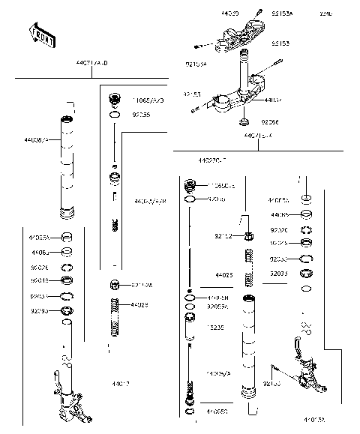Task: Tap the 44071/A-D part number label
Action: (x=91, y=64)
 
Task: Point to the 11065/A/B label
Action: (x=148, y=100)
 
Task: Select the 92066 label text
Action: (x=270, y=121)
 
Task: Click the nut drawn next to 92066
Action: (x=244, y=122)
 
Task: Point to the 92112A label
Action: (x=142, y=285)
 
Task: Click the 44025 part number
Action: (x=223, y=276)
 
